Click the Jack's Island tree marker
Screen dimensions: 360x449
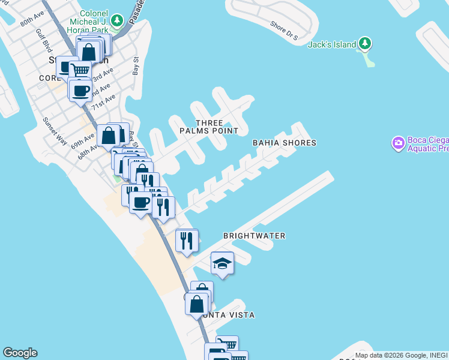click(x=364, y=44)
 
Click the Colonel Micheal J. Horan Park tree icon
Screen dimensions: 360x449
click(x=118, y=20)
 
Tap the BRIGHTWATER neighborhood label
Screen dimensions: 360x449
click(x=254, y=236)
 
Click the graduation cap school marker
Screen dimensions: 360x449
click(x=222, y=263)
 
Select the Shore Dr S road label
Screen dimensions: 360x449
click(x=284, y=31)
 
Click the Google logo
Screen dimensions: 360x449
click(x=20, y=353)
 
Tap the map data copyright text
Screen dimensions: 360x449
click(x=400, y=355)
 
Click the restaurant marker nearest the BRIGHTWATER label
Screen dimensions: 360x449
click(x=187, y=241)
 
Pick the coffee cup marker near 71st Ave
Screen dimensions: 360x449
click(x=80, y=91)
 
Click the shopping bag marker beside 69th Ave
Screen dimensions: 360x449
click(x=109, y=136)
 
